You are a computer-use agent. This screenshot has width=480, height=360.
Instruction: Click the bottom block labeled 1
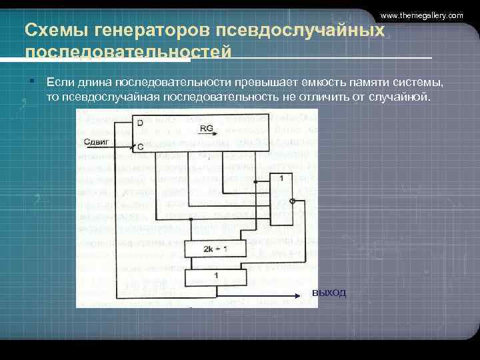point(215,275)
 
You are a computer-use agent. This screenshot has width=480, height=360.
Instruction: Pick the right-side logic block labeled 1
point(281,179)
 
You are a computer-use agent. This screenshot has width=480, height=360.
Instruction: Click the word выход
point(329,294)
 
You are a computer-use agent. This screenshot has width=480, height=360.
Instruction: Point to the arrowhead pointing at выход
point(295,295)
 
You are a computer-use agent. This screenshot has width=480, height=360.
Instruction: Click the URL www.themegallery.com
point(421,15)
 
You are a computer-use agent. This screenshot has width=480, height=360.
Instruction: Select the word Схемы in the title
point(49,31)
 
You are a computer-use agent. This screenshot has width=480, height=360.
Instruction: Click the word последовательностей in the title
point(128,52)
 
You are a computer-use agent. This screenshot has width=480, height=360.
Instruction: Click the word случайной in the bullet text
point(407,97)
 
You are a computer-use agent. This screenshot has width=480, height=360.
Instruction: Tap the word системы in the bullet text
point(419,83)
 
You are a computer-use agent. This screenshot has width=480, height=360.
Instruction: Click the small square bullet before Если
point(31,81)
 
